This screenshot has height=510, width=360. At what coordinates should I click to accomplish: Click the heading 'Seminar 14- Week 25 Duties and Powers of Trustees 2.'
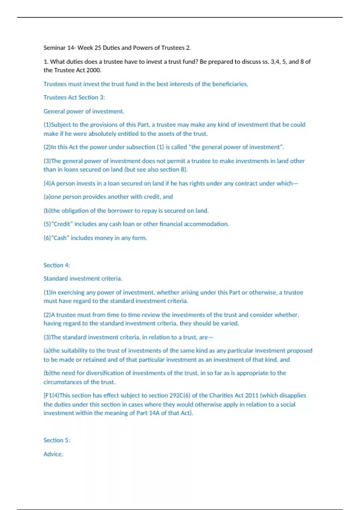pos(117,48)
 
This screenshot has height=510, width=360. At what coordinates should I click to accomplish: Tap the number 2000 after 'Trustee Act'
pos(94,70)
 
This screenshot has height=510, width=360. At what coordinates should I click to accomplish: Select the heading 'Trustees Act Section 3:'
pos(74,97)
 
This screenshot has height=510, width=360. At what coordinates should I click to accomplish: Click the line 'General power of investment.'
pos(84,111)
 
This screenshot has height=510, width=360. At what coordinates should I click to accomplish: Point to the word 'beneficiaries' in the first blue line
pos(229,84)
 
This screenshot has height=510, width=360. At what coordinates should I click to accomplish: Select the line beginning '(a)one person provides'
pos(108,197)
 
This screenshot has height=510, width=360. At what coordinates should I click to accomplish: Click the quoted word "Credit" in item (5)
pos(62,224)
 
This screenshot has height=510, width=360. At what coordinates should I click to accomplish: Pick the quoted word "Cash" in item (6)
pos(60,238)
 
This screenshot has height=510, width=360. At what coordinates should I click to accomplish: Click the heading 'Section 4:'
pos(57,265)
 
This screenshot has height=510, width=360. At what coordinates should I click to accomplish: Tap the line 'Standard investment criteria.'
pos(83,279)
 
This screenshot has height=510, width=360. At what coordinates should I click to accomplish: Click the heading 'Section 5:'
pos(57,440)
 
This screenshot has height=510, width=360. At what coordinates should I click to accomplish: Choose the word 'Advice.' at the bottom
pos(53,454)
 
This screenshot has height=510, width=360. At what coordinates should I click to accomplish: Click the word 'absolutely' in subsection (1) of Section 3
pos(102,134)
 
